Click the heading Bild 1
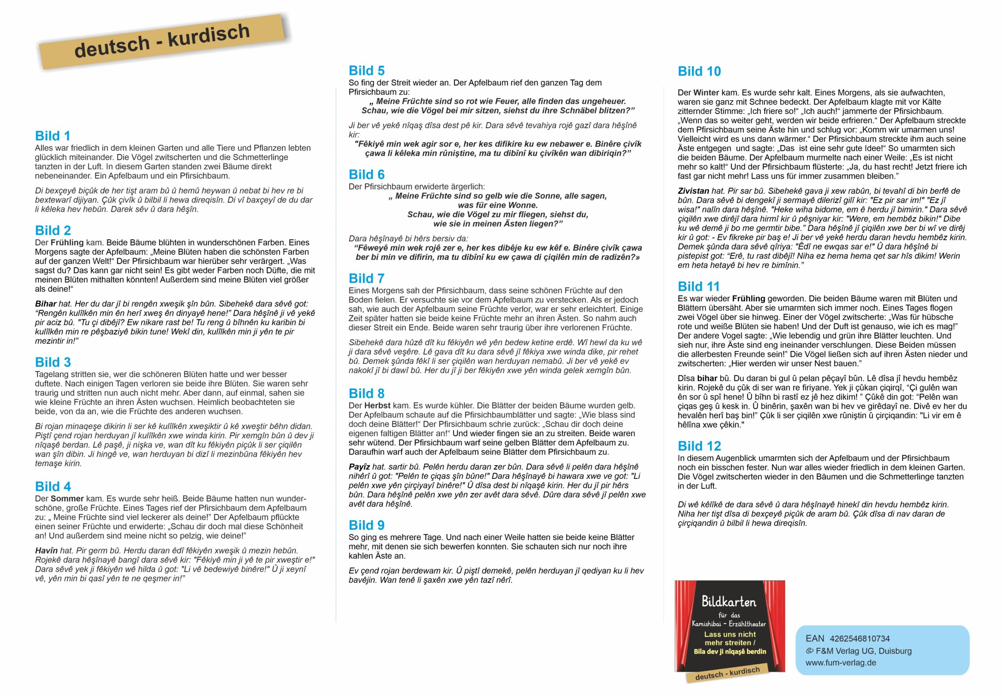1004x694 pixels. pyautogui.click(x=53, y=136)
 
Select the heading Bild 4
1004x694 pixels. pyautogui.click(x=53, y=486)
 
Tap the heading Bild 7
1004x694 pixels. pyautogui.click(x=366, y=278)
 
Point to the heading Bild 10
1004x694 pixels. pyautogui.click(x=699, y=71)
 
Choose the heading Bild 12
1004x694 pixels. pyautogui.click(x=699, y=446)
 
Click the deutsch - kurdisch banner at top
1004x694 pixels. pyautogui.click(x=162, y=41)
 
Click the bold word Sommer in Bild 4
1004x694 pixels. pyautogui.click(x=67, y=499)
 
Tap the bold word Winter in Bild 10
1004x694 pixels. pyautogui.click(x=706, y=93)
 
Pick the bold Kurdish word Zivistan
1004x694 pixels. pyautogui.click(x=694, y=191)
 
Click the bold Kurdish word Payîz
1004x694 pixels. pyautogui.click(x=359, y=467)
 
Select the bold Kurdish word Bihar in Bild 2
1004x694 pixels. pyautogui.click(x=45, y=304)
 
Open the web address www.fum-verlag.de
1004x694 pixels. pyautogui.click(x=840, y=663)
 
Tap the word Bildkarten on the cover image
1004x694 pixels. pyautogui.click(x=729, y=602)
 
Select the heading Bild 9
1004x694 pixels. pyautogui.click(x=366, y=525)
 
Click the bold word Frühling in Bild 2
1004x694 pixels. pyautogui.click(x=67, y=242)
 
